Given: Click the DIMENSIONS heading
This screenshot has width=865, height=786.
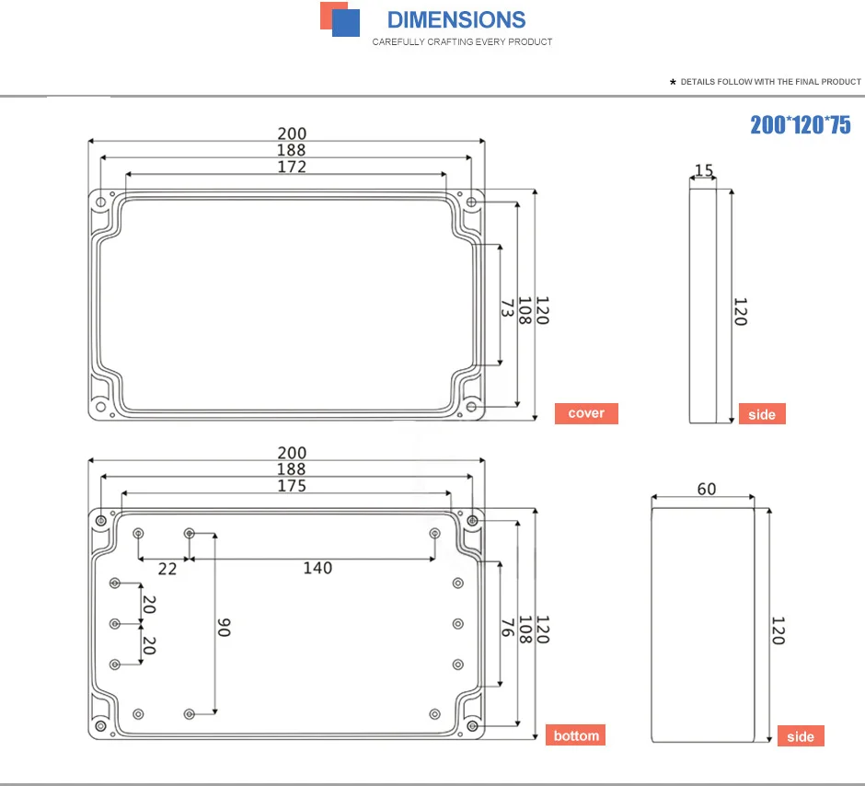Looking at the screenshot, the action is [x=456, y=20].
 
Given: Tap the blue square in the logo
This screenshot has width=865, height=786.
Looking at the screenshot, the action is [x=346, y=23].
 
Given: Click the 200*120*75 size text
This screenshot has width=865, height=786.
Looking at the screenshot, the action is [x=801, y=124].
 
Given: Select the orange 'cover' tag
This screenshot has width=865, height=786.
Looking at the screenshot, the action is [x=586, y=413].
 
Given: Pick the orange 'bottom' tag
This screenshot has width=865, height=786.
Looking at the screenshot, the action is [x=576, y=735].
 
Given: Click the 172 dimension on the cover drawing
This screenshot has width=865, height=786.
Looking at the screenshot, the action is [x=292, y=167].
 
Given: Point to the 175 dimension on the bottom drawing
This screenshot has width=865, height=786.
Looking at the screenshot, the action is [x=292, y=485].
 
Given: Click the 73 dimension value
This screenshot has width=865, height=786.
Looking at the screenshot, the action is [x=508, y=307].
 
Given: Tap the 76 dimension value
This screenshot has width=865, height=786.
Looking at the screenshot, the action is [x=508, y=627].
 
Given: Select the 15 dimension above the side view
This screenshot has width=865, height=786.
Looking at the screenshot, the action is [x=704, y=170].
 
